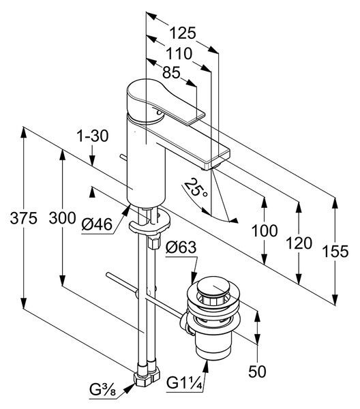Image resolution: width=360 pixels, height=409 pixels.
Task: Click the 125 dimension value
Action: click(182, 33)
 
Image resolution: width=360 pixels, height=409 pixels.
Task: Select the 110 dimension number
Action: click(179, 54)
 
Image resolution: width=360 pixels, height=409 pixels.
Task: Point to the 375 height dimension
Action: click(23, 218)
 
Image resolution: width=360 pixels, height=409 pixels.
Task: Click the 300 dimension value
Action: click(62, 218)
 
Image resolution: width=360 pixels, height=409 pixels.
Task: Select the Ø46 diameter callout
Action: click(97, 224)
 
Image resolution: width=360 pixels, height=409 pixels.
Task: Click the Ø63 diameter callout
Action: click(181, 247)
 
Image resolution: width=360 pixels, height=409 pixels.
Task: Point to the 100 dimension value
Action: click(265, 230)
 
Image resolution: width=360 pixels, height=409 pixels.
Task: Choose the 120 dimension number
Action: click(299, 243)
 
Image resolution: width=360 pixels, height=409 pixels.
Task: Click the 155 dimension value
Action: click(335, 252)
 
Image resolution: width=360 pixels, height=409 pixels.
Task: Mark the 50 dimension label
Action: click(257, 372)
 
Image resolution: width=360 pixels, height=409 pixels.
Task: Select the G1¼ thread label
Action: click(185, 383)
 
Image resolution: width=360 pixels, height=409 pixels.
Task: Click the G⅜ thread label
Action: click(102, 390)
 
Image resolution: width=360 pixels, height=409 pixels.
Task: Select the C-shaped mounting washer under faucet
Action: click(149, 222)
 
